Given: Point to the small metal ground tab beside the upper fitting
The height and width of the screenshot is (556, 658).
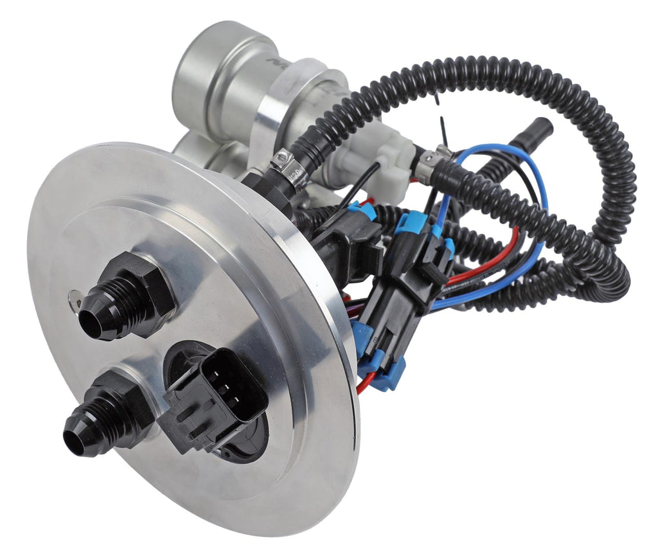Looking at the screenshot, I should pos(75,296).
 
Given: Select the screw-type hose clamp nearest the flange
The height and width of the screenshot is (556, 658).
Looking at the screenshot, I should pos(288,169).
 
